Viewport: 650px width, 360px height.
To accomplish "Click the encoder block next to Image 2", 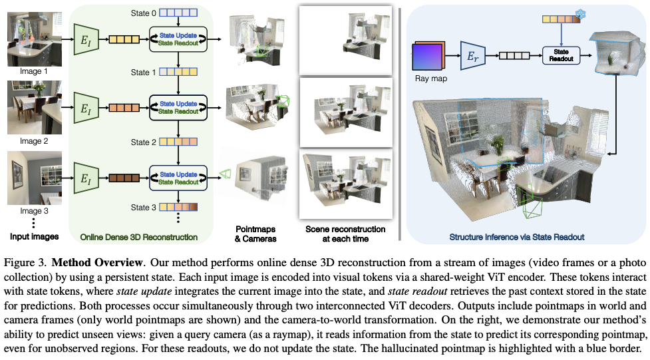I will pos(84,107).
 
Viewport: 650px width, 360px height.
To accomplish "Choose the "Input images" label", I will pos(34,236).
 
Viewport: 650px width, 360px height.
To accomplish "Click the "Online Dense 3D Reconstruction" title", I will pos(139,236).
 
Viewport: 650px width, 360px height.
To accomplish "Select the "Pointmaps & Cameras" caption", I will pos(255,234).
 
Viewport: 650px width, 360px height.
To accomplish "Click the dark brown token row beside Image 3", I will pos(123,178).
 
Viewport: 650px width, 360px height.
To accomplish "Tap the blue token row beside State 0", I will pos(178,11).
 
